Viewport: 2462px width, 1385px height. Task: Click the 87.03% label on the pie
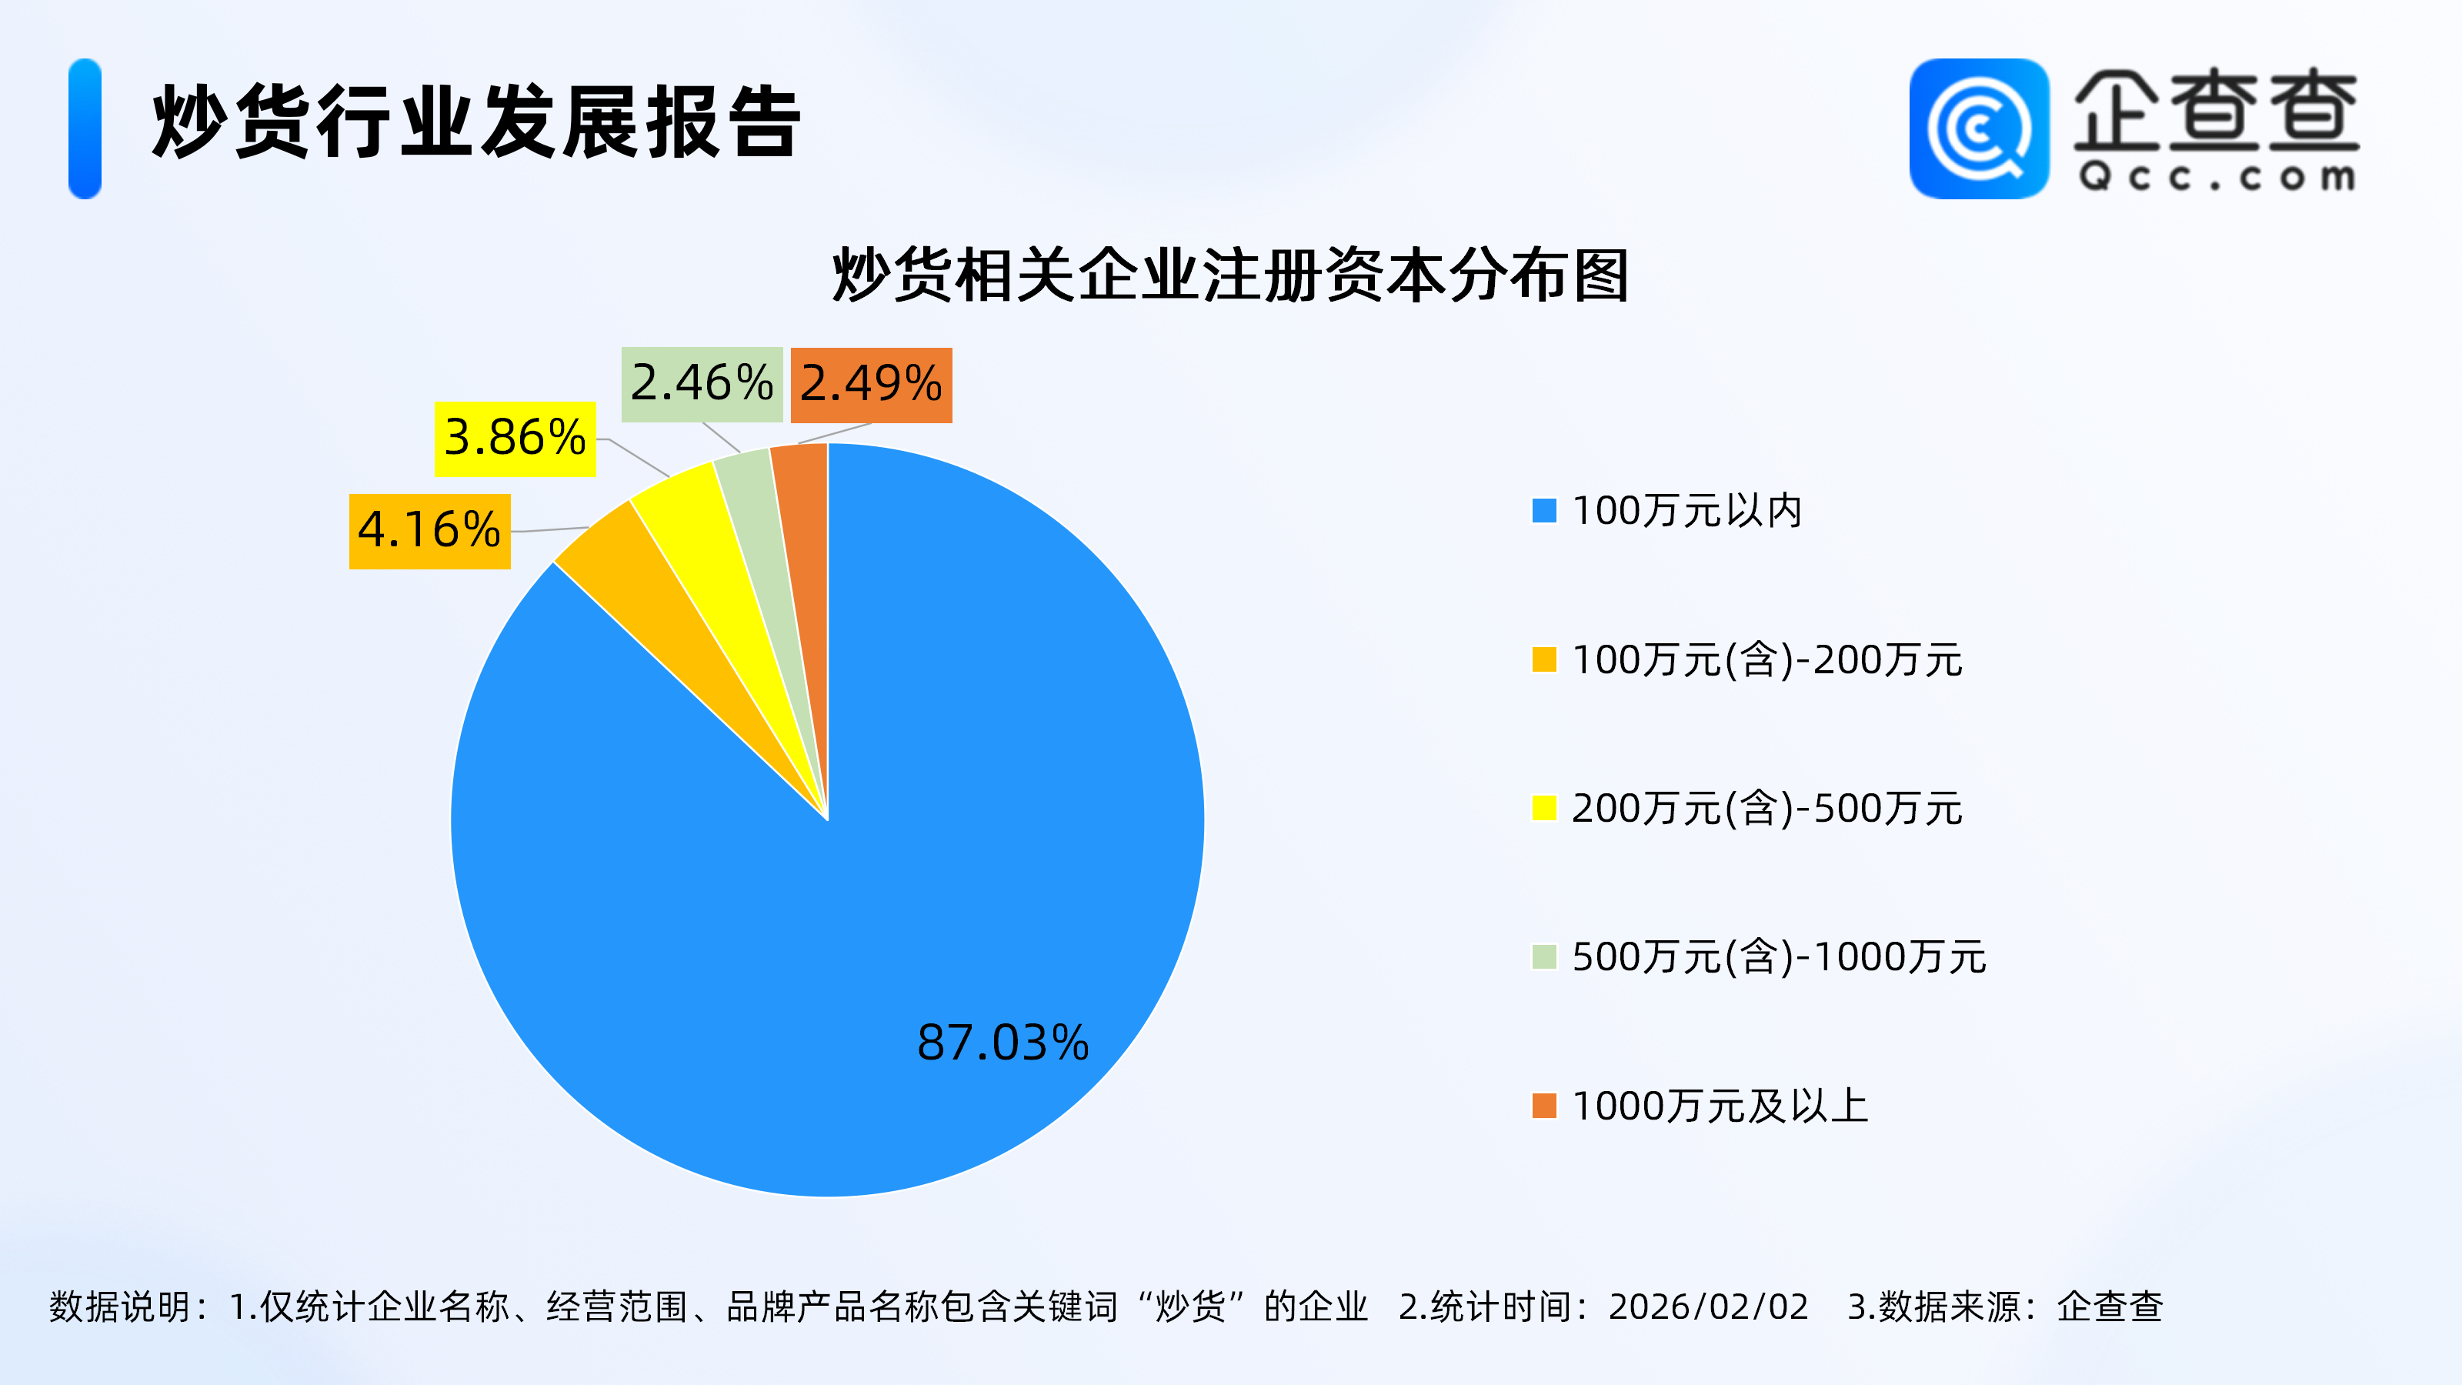(1002, 1042)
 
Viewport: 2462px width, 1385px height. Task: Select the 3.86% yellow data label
(515, 439)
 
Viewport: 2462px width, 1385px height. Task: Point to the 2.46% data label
(702, 384)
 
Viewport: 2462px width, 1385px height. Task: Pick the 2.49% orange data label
(871, 384)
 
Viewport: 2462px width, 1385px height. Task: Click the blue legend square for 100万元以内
(1543, 510)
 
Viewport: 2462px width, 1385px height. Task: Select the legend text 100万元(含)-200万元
(1766, 659)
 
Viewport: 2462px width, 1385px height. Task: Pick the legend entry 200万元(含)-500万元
(1766, 809)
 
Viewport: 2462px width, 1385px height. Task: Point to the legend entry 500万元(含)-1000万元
(1778, 956)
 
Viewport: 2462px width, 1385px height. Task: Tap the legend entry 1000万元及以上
(1720, 1106)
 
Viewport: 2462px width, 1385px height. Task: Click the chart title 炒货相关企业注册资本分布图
(1231, 275)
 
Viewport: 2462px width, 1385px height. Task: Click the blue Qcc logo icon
(1978, 129)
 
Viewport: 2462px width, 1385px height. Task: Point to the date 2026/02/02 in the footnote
(1708, 1307)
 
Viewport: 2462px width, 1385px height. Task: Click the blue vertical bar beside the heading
(85, 129)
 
